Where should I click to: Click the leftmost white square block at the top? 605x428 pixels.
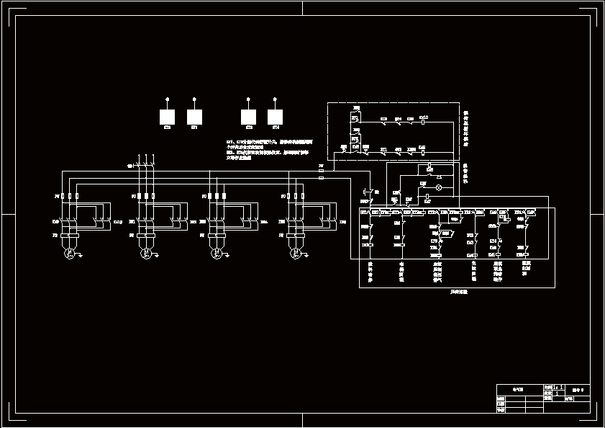point(167,117)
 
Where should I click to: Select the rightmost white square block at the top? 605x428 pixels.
point(275,117)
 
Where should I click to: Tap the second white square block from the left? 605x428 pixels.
point(194,117)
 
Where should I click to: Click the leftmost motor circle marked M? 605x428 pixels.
point(68,253)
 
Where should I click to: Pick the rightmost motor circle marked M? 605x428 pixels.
point(295,253)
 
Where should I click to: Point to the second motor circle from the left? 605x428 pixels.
point(145,253)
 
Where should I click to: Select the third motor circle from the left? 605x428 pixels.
point(215,253)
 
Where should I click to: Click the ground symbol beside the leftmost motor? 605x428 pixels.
point(81,254)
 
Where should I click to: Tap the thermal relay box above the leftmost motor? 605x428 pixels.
point(68,236)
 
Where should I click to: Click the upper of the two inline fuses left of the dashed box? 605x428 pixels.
point(321,171)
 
